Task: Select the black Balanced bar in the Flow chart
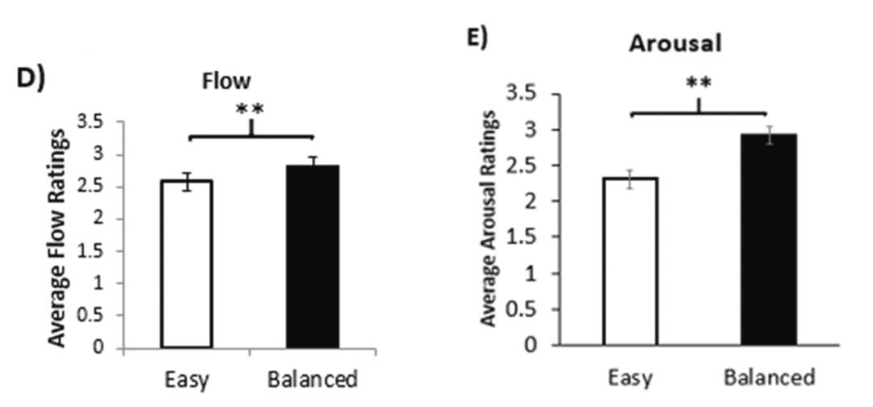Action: (x=313, y=258)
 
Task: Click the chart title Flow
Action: (x=227, y=82)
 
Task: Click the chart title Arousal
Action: (x=675, y=44)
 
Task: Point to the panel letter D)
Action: (x=32, y=82)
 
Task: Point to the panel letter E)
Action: (x=478, y=38)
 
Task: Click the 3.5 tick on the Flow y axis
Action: (x=90, y=123)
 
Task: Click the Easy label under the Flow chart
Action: (x=187, y=380)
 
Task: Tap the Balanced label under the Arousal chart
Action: (x=769, y=377)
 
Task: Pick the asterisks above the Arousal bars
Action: (x=698, y=83)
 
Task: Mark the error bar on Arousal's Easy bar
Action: (x=630, y=178)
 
